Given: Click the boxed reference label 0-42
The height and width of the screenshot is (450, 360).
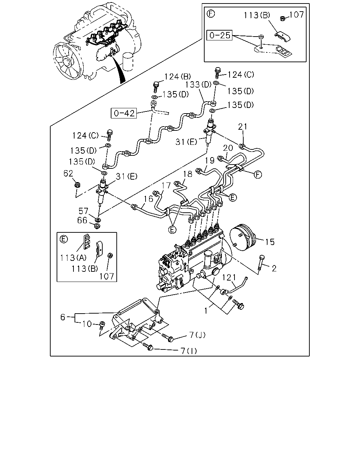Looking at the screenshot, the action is pyautogui.click(x=124, y=113).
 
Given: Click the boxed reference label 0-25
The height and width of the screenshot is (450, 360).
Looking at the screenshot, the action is pyautogui.click(x=219, y=35).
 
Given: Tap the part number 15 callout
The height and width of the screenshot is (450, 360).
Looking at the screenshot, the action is pyautogui.click(x=270, y=242).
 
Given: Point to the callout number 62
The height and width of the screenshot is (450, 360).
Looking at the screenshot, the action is pyautogui.click(x=68, y=173).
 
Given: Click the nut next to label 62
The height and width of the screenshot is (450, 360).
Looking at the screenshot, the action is pyautogui.click(x=78, y=185).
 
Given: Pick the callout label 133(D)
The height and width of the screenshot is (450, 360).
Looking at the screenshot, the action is pyautogui.click(x=198, y=85).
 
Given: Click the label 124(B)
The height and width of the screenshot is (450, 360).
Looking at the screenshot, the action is pyautogui.click(x=178, y=77).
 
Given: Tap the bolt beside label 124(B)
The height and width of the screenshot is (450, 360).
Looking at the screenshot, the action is pyautogui.click(x=156, y=87).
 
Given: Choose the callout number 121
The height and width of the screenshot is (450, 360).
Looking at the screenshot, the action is pyautogui.click(x=229, y=277).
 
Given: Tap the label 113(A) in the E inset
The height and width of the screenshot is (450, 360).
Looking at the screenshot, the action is pyautogui.click(x=73, y=258).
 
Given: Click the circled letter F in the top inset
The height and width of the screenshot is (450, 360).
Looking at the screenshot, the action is pyautogui.click(x=211, y=14).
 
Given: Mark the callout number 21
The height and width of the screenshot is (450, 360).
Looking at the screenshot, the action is pyautogui.click(x=243, y=127).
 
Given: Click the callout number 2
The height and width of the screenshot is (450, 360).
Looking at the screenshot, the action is pyautogui.click(x=274, y=268).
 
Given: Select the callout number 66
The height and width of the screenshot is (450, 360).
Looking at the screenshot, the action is pyautogui.click(x=82, y=220).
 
